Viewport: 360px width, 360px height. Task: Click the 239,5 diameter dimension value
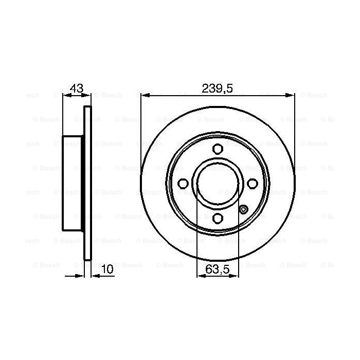217,88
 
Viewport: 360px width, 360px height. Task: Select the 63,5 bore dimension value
218,269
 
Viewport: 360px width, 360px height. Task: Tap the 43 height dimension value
77,88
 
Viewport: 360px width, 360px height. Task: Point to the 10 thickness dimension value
107,269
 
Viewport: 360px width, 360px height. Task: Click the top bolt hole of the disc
218,149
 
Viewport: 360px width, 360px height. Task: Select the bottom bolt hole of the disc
218,218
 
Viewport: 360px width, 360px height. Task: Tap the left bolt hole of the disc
183,184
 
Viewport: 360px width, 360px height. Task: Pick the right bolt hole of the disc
253,184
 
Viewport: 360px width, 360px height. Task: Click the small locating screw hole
243,209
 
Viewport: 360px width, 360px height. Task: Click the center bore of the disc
218,184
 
